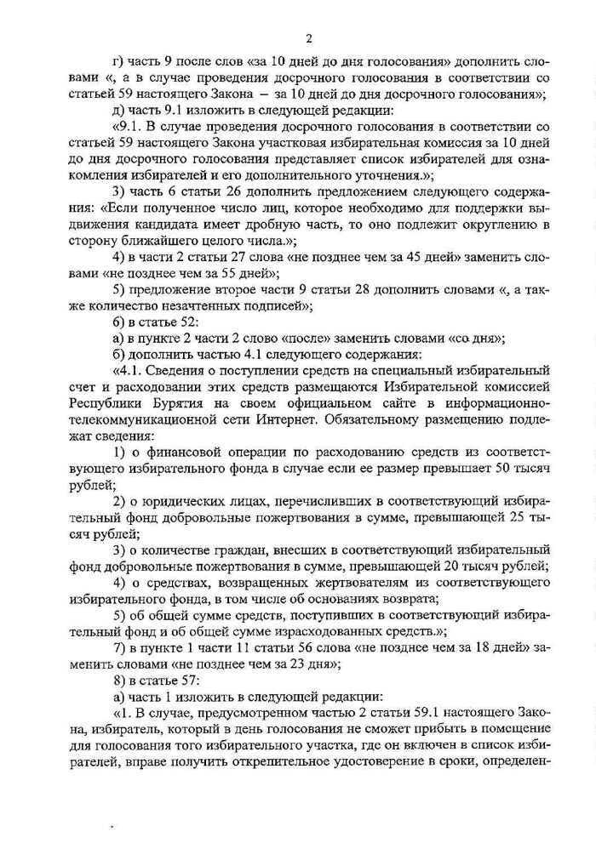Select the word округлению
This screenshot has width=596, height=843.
point(500,224)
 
